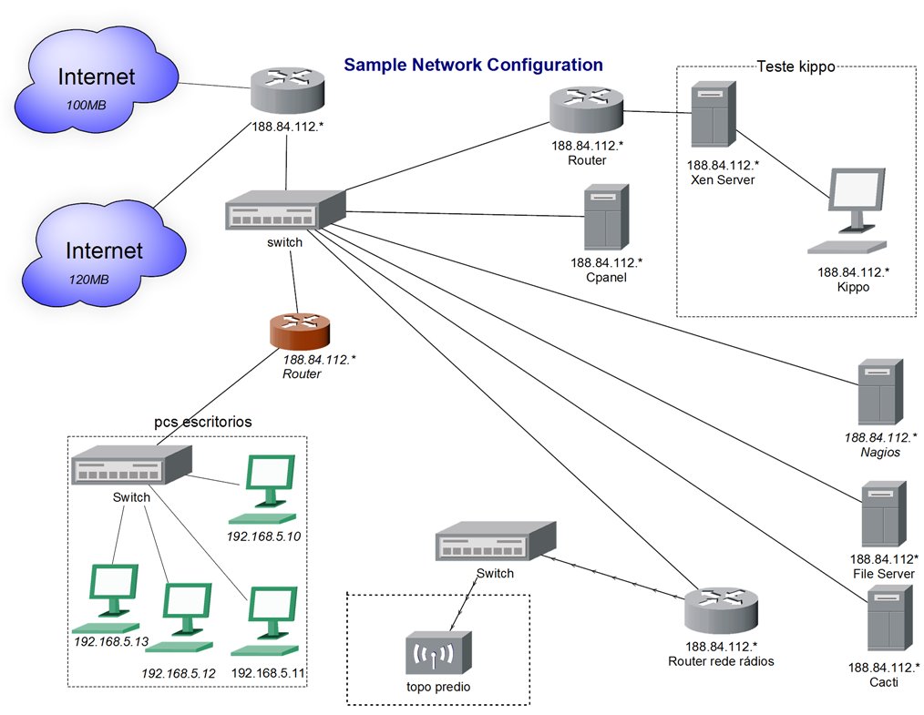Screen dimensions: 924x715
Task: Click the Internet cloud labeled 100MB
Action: (x=96, y=83)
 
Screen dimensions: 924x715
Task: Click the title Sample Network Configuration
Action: (x=473, y=65)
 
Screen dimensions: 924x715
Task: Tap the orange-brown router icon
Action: (x=300, y=332)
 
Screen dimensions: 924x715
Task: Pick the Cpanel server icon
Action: (x=606, y=218)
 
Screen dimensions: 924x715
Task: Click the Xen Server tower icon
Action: (x=714, y=114)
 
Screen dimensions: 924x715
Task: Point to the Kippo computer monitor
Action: (x=848, y=210)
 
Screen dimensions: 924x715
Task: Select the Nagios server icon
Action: (x=880, y=393)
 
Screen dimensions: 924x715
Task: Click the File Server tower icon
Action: (x=884, y=515)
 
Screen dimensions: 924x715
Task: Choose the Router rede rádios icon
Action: (x=722, y=610)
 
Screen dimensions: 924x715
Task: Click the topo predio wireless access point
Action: (x=438, y=654)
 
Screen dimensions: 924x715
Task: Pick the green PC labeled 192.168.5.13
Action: (x=108, y=598)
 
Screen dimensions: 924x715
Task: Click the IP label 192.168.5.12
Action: (x=179, y=673)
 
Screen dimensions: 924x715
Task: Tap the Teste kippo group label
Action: (x=796, y=66)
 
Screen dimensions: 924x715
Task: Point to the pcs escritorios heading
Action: (x=202, y=422)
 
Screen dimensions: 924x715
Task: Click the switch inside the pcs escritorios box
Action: (x=131, y=465)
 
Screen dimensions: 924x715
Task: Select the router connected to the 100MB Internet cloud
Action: (x=288, y=91)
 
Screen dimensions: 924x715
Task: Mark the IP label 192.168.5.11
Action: (x=268, y=672)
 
